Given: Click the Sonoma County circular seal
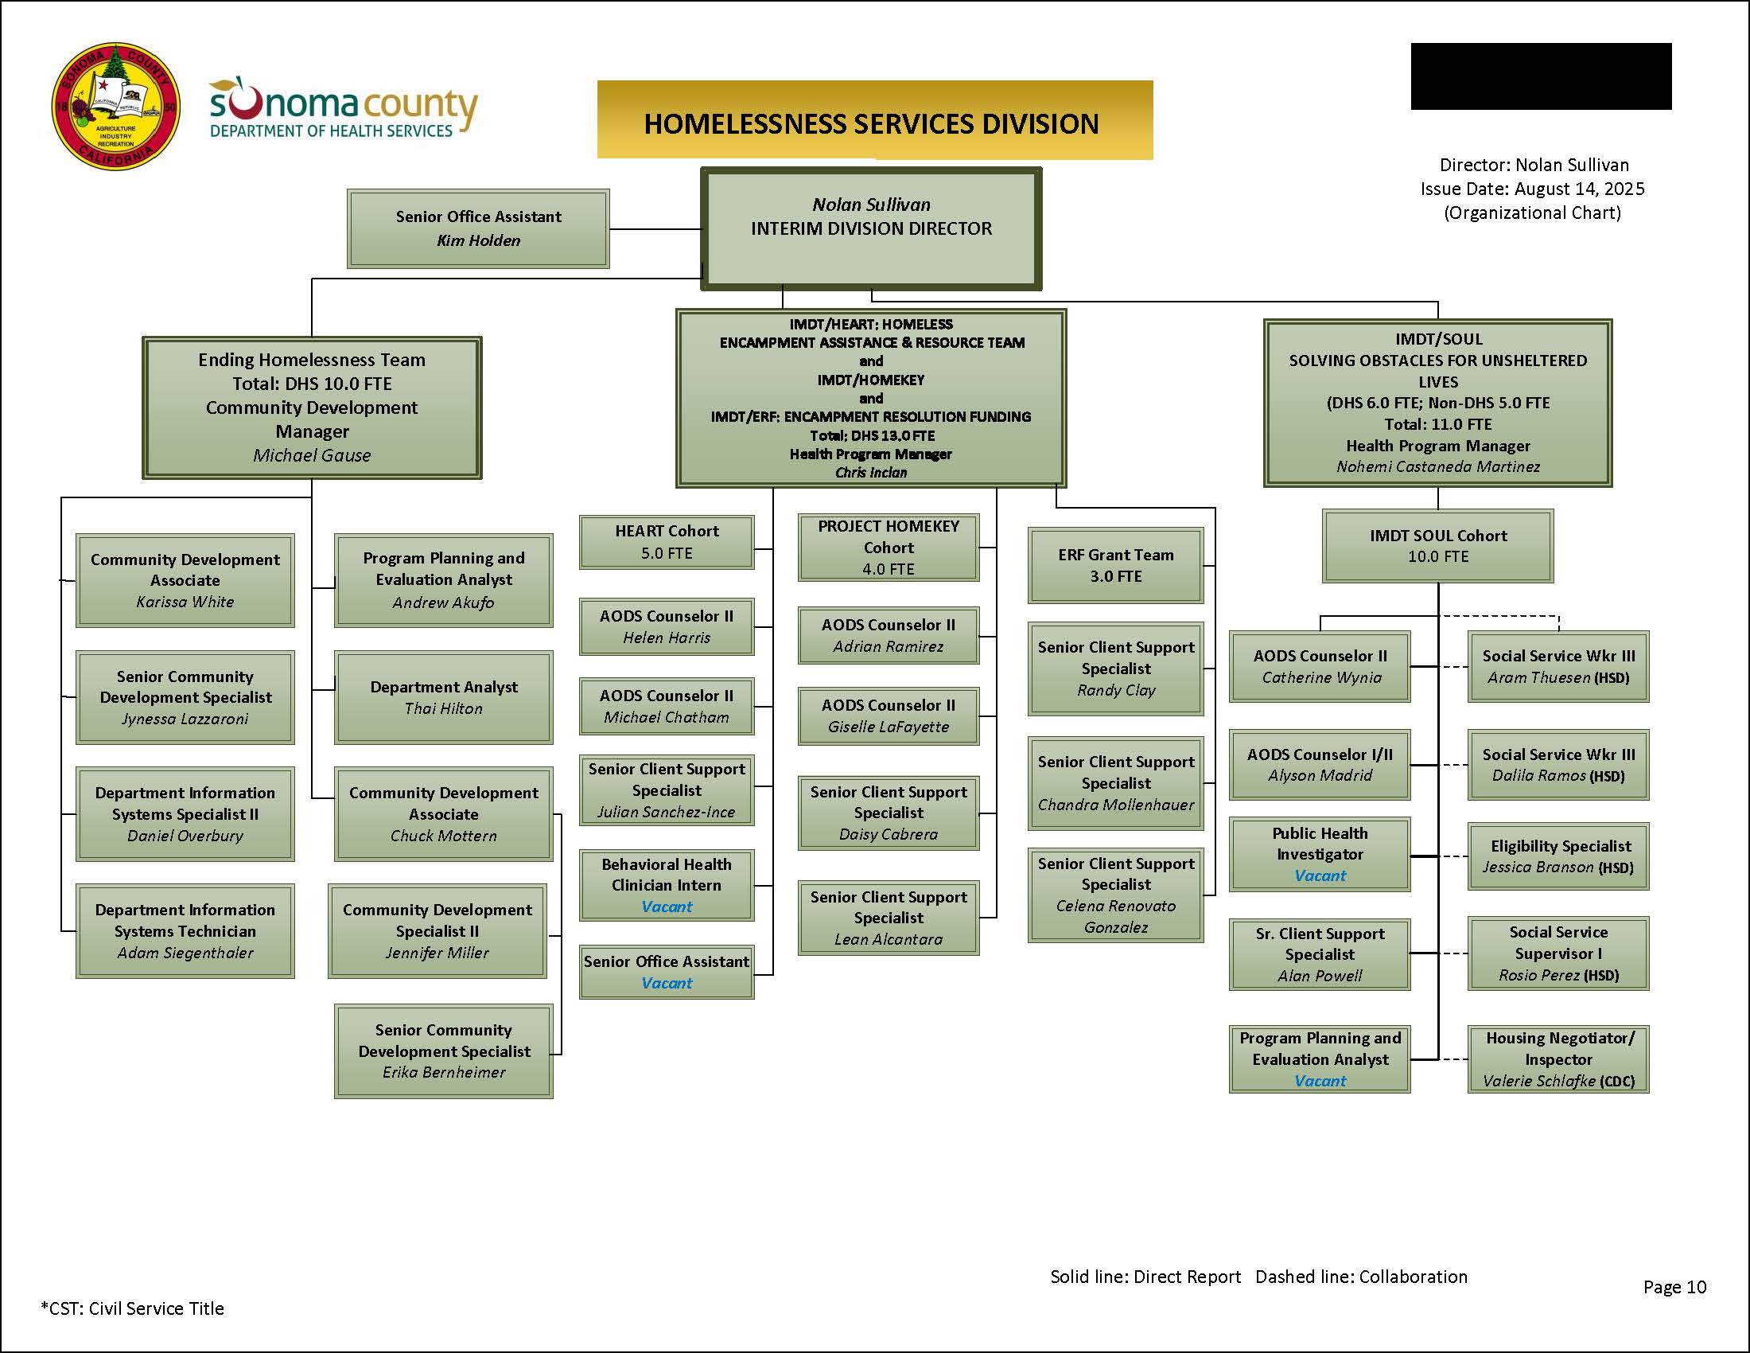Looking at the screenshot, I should tap(115, 107).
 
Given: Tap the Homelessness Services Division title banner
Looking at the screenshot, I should tap(874, 121).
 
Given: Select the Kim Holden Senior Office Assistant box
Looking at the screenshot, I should tap(478, 228).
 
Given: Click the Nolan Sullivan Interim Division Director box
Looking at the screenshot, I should tap(871, 228).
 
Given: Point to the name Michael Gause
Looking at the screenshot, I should tap(312, 455).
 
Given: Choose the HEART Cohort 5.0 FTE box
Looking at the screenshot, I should tap(666, 542).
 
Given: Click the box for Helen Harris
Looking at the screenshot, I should tap(666, 627).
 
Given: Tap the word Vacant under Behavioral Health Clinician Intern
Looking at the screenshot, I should tap(666, 907).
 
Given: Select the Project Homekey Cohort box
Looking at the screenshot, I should tap(888, 548).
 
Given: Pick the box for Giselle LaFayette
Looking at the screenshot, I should tap(888, 715).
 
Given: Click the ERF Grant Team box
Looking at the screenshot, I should tap(1115, 565).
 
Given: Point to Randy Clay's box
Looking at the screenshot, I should tap(1115, 669).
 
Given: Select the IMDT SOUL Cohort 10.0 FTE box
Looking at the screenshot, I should tap(1437, 546).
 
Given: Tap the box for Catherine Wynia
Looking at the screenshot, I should tap(1320, 666).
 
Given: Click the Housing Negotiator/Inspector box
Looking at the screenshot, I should tap(1557, 1059).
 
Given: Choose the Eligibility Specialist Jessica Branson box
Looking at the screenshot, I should tap(1557, 856).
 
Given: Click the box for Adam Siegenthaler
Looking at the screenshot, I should tap(185, 930).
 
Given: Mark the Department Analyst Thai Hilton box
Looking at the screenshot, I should tap(443, 697).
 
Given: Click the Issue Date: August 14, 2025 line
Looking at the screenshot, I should tap(1531, 189).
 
